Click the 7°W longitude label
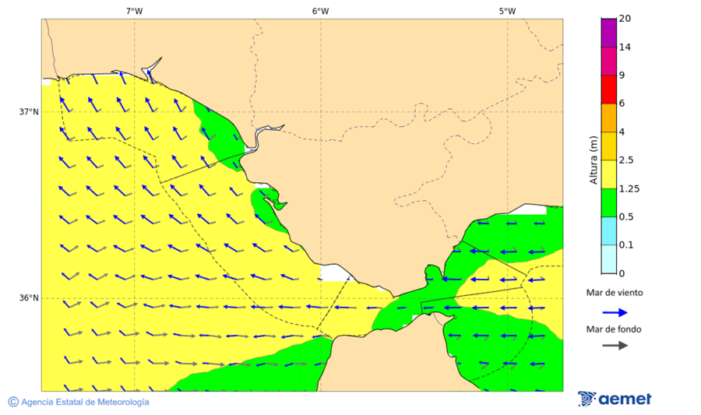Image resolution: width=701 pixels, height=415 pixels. tap(134, 11)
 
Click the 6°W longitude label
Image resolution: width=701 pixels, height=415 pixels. tap(320, 11)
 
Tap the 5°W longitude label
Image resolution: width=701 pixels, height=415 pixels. tap(507, 11)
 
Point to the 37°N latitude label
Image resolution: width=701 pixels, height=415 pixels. tap(29, 111)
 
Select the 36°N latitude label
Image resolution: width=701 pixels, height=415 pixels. tap(29, 298)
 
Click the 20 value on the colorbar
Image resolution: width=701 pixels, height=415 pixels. tap(624, 19)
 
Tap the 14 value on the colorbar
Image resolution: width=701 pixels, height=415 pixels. tap(624, 47)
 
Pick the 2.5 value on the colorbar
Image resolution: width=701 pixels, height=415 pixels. tap(625, 160)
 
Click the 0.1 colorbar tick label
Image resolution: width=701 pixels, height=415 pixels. tap(625, 245)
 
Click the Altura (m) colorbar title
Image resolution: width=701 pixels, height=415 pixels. tap(594, 160)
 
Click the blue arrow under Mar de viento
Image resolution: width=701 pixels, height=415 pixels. tap(615, 312)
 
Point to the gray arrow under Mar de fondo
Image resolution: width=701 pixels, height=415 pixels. tap(615, 345)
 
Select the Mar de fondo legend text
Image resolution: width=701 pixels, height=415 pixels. tap(615, 329)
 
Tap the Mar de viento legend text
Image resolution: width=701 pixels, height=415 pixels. tap(615, 293)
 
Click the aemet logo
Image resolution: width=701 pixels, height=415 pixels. tap(615, 399)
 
